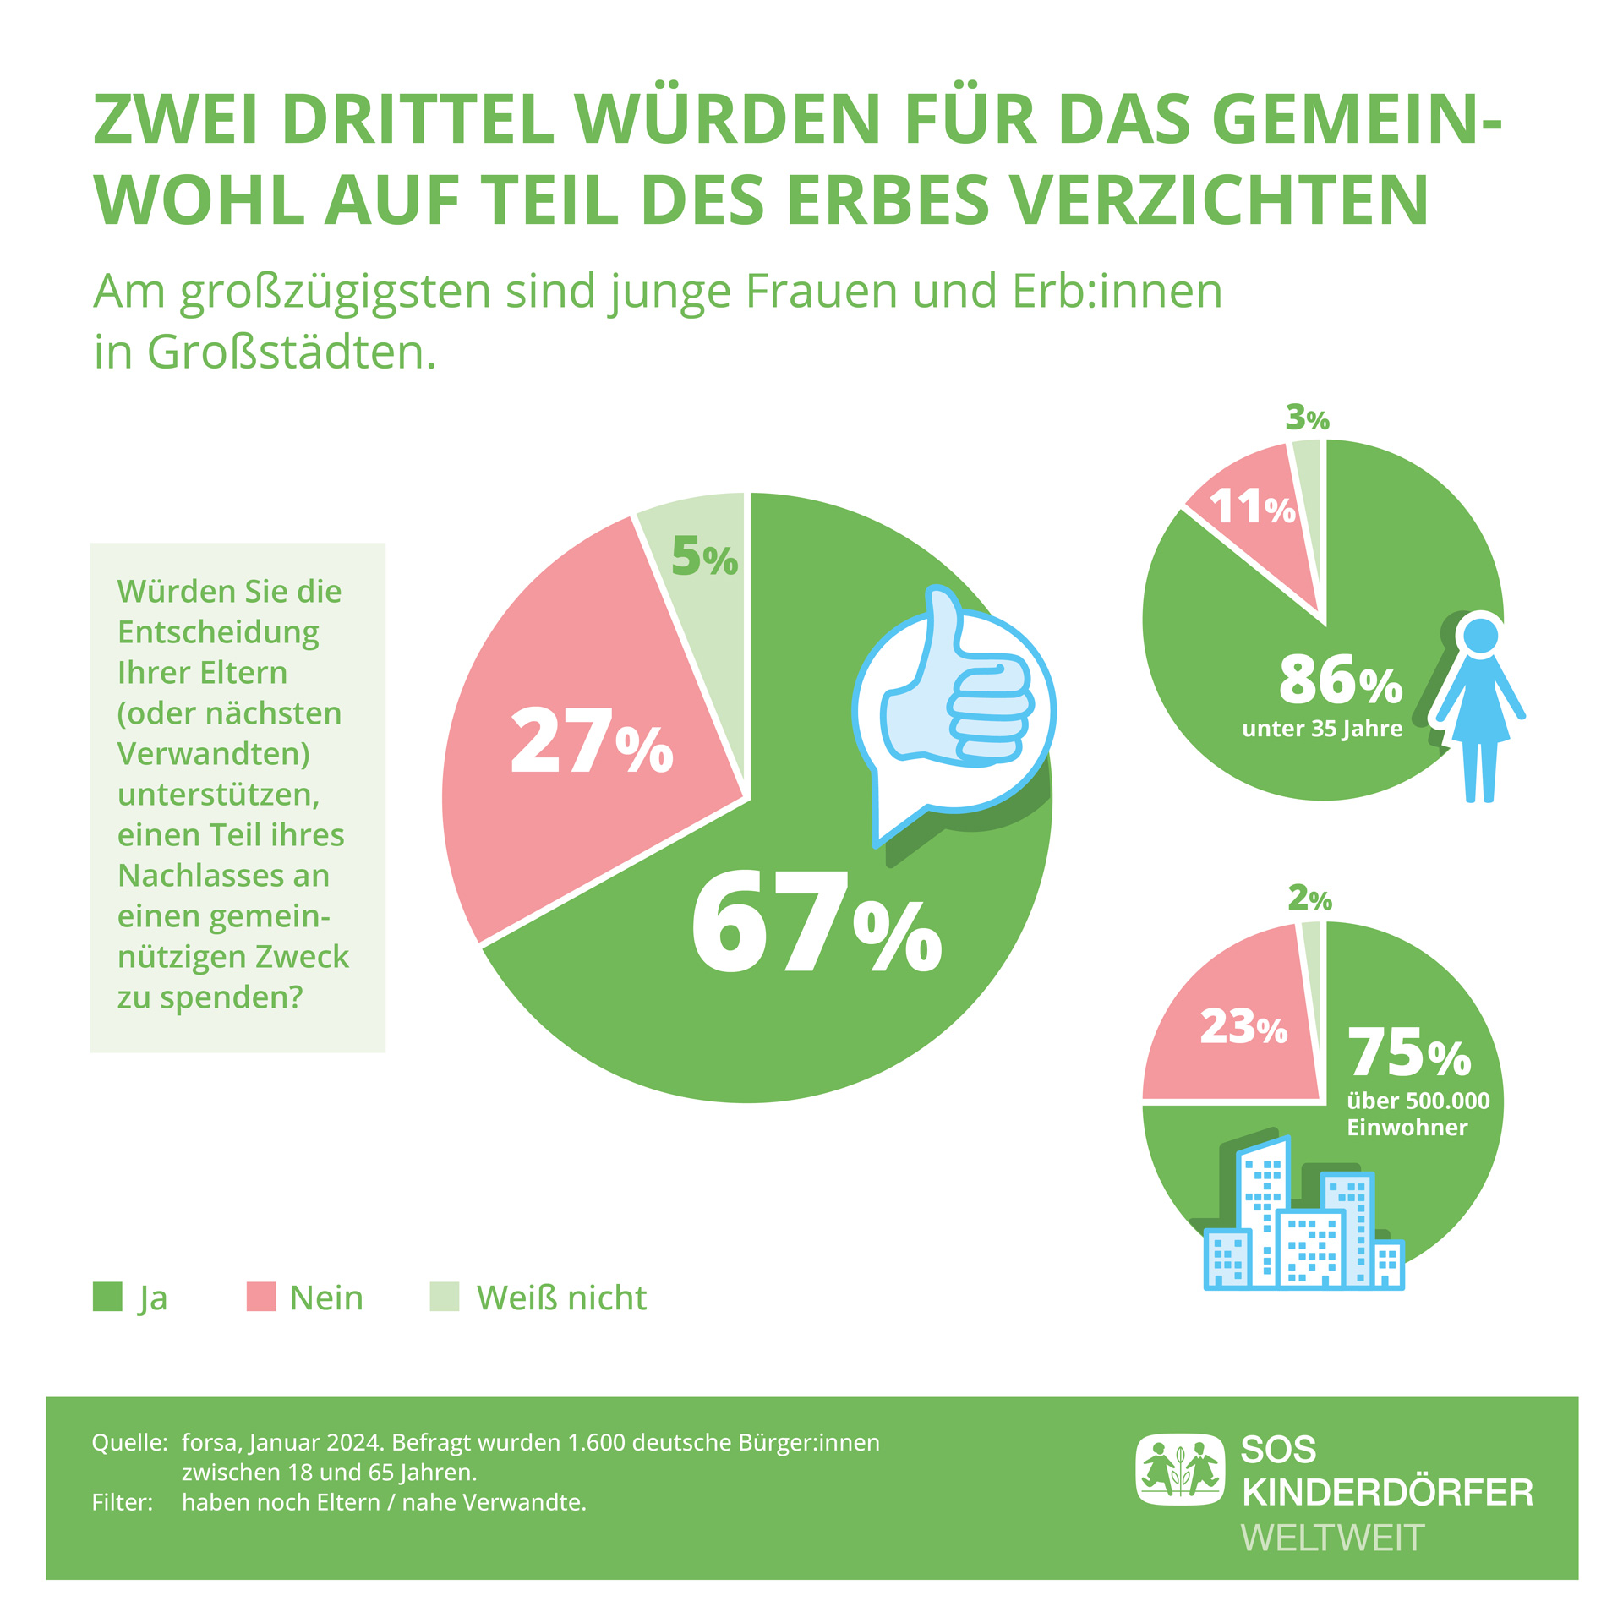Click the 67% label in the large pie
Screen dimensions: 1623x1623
click(x=816, y=923)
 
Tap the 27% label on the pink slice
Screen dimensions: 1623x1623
click(x=591, y=741)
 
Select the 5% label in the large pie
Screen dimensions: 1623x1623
click(x=704, y=557)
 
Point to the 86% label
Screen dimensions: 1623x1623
click(x=1340, y=680)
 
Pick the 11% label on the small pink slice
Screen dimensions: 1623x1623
click(x=1252, y=508)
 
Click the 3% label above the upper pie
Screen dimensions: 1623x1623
click(x=1307, y=418)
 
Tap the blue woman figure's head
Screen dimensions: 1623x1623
click(x=1480, y=636)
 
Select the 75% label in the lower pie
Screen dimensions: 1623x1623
click(x=1409, y=1054)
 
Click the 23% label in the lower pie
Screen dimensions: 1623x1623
click(x=1243, y=1028)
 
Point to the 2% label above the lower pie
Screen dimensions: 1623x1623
click(x=1309, y=899)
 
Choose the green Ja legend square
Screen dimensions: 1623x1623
click(x=107, y=1298)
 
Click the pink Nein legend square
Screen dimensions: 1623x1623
click(x=261, y=1298)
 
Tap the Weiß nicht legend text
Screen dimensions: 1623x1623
click(x=561, y=1298)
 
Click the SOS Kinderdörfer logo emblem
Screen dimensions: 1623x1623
click(x=1179, y=1470)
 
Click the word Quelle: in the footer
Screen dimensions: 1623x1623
click(x=129, y=1442)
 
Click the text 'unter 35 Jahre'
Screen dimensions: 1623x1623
click(x=1322, y=729)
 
